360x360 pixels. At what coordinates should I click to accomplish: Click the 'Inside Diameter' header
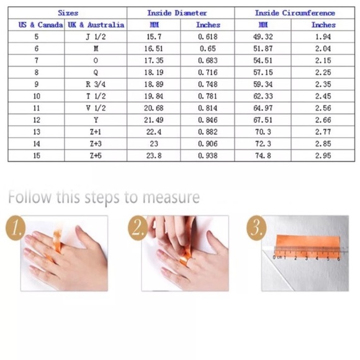[177, 13]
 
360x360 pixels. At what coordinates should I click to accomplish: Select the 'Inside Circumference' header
[295, 13]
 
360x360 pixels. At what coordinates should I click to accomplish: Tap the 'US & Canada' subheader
[40, 25]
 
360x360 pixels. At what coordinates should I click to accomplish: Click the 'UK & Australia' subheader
[96, 25]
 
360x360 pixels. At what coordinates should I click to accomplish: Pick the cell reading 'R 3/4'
[96, 84]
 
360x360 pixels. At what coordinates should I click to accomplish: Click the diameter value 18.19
[154, 73]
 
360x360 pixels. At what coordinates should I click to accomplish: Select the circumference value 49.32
[263, 37]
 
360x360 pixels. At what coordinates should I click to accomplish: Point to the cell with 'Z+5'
[96, 156]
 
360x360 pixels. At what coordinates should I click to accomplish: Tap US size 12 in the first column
[37, 120]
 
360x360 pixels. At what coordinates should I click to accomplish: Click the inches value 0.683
[208, 60]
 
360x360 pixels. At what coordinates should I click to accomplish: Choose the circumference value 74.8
[263, 156]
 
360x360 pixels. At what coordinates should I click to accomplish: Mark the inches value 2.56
[323, 108]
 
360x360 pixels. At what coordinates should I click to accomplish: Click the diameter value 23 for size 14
[154, 144]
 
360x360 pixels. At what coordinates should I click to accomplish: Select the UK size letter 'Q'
[96, 73]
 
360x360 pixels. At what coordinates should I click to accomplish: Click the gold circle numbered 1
[15, 228]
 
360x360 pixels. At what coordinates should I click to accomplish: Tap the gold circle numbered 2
[137, 228]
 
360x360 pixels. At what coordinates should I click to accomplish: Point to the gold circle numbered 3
[256, 228]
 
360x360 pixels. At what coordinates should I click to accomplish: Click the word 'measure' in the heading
[171, 197]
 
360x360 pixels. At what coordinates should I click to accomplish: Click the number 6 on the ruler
[338, 258]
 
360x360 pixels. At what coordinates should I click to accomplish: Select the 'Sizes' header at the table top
[68, 13]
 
